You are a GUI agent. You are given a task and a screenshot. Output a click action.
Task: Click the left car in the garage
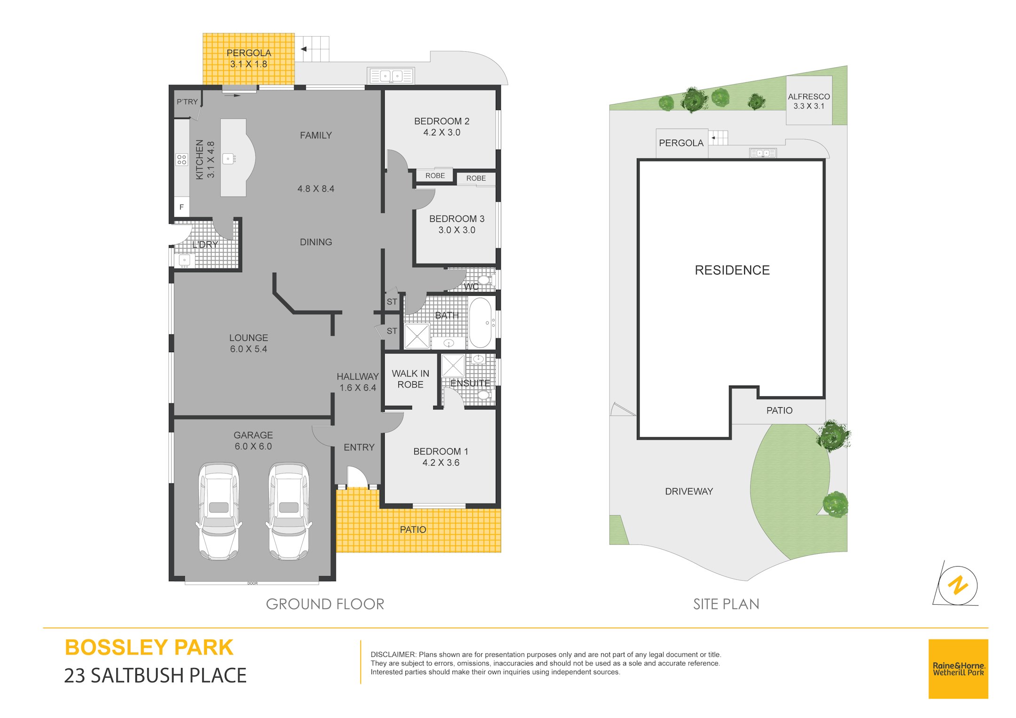[x=219, y=511]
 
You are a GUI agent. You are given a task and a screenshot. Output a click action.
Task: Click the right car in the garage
[x=289, y=511]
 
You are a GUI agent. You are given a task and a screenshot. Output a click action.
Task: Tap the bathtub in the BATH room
[x=480, y=323]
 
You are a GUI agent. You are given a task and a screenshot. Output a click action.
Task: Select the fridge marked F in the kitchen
[x=182, y=207]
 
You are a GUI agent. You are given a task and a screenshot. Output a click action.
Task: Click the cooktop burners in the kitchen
[x=182, y=159]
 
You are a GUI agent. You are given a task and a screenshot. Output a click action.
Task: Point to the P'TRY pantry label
[x=187, y=102]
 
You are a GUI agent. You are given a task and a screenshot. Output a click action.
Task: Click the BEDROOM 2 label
[x=442, y=121]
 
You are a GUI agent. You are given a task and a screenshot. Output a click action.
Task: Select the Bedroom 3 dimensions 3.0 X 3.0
[x=457, y=230]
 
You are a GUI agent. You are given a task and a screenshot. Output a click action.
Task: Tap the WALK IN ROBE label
[x=411, y=379]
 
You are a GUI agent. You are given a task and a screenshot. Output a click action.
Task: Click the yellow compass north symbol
[x=958, y=586]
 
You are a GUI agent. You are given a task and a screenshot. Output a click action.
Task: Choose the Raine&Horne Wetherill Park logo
[x=958, y=669]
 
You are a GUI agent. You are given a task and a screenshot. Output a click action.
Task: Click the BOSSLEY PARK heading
[x=149, y=647]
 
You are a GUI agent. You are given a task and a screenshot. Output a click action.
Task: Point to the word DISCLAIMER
[x=393, y=655]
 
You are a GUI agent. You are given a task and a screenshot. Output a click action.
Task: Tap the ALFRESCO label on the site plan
[x=809, y=96]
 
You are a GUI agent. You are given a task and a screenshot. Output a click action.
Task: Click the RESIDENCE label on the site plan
[x=732, y=270]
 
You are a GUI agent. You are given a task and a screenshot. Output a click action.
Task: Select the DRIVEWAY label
[x=689, y=491]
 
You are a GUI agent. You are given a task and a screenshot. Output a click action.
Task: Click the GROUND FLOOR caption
[x=325, y=604]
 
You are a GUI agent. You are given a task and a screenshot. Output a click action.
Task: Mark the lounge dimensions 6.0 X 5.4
[x=248, y=349]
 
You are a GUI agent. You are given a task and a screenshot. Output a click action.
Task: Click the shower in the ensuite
[x=453, y=365]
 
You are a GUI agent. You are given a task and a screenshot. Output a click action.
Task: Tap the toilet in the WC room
[x=485, y=281]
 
